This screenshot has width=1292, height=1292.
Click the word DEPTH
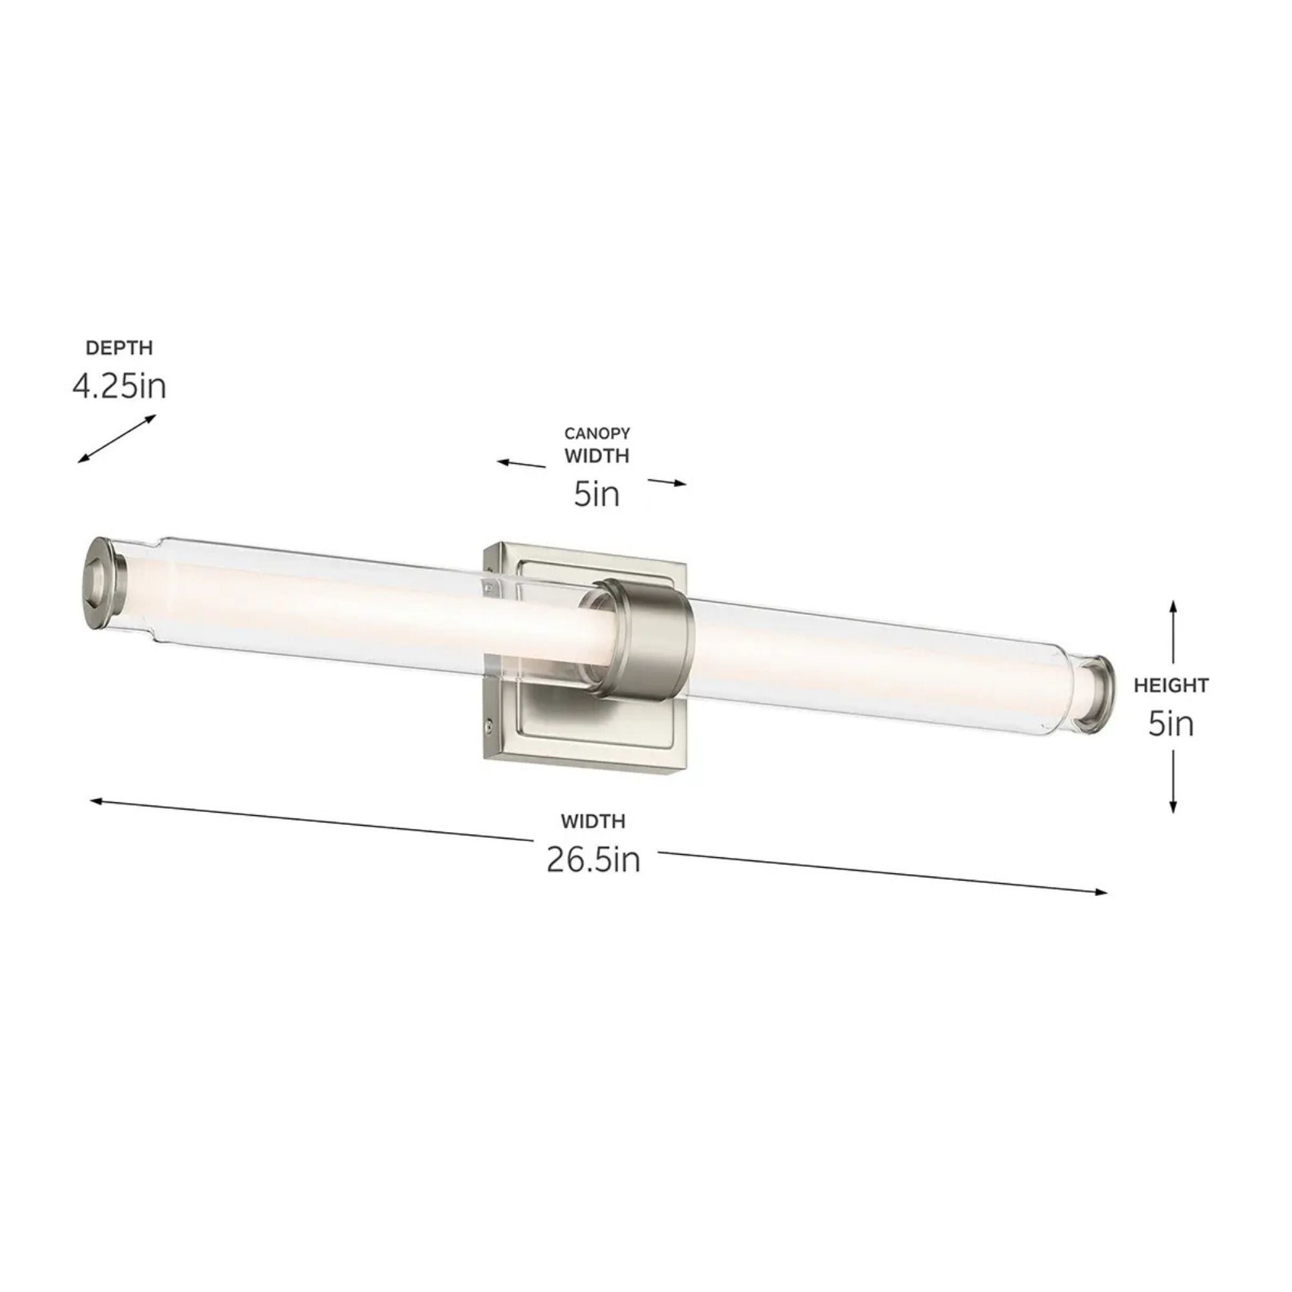[119, 348]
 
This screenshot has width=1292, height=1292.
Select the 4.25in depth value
[119, 386]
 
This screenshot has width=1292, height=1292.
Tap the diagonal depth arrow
[116, 439]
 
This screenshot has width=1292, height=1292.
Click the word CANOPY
[596, 434]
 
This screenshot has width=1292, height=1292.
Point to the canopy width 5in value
[596, 494]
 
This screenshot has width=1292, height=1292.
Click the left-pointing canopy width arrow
[520, 463]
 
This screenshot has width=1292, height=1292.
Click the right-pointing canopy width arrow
[667, 482]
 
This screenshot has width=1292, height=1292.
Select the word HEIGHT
[1171, 685]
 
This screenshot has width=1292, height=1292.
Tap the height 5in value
[1171, 724]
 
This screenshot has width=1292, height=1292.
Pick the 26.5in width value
[593, 859]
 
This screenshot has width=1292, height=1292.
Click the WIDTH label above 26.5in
[593, 820]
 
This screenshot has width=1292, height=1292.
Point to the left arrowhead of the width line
[96, 800]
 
